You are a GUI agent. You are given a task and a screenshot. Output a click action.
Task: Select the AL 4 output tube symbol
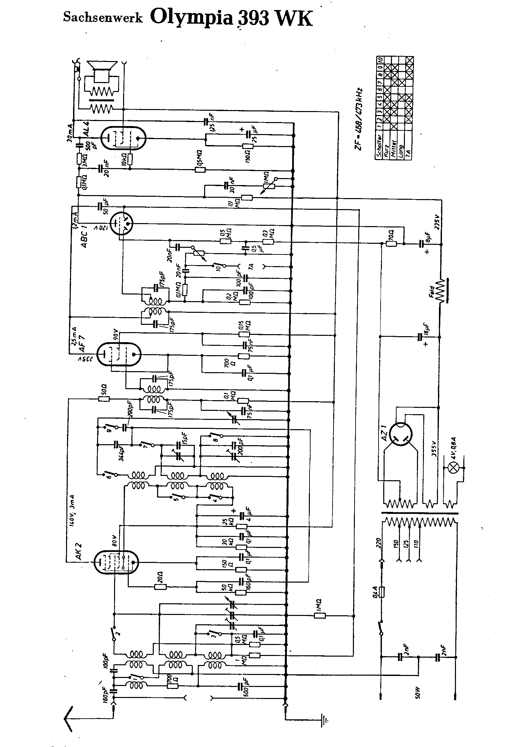pos(123,138)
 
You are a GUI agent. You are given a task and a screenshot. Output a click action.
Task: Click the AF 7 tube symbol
pos(119,354)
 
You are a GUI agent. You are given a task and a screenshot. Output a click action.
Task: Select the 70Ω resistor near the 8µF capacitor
pos(391,243)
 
